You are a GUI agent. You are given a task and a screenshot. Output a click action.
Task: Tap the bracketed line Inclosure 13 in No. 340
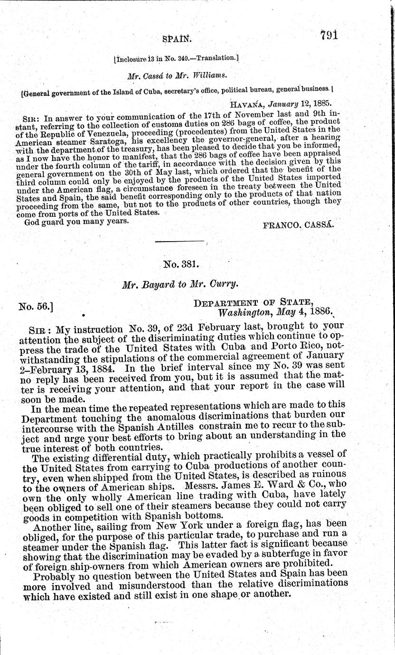[176, 59]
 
